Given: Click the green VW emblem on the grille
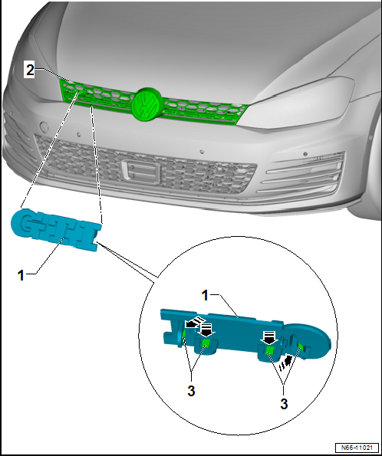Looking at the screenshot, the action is [147, 103].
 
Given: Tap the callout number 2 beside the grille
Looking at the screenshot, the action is [30, 70].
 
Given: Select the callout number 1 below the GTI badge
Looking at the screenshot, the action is [21, 275].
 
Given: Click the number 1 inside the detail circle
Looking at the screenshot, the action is [206, 296].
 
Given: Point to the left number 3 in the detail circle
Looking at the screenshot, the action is [191, 391].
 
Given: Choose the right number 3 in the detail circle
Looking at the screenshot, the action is [284, 404].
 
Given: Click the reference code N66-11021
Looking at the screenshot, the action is [357, 448].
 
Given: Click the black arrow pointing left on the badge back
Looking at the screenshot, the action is [194, 322].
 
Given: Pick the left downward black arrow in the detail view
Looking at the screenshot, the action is [206, 330].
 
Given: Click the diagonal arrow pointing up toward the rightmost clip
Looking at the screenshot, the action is [285, 363].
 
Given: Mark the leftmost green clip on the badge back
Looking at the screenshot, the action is [184, 335].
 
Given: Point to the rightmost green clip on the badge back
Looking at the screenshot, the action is [301, 346].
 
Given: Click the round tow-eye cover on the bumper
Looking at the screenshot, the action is [44, 126].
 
